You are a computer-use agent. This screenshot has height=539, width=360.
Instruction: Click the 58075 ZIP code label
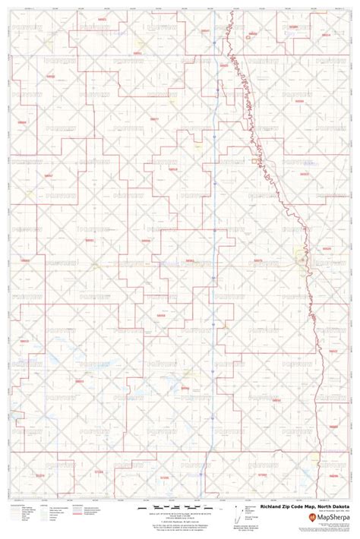point(257,260)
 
